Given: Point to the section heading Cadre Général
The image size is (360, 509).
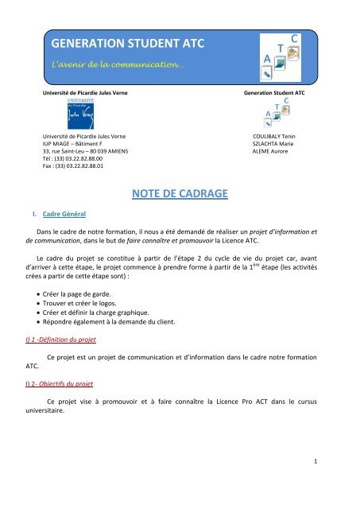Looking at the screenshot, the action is tap(65, 215).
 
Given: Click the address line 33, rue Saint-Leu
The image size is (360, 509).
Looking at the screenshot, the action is tap(85, 151).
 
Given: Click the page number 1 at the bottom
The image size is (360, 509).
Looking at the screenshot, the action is tap(336, 481).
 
